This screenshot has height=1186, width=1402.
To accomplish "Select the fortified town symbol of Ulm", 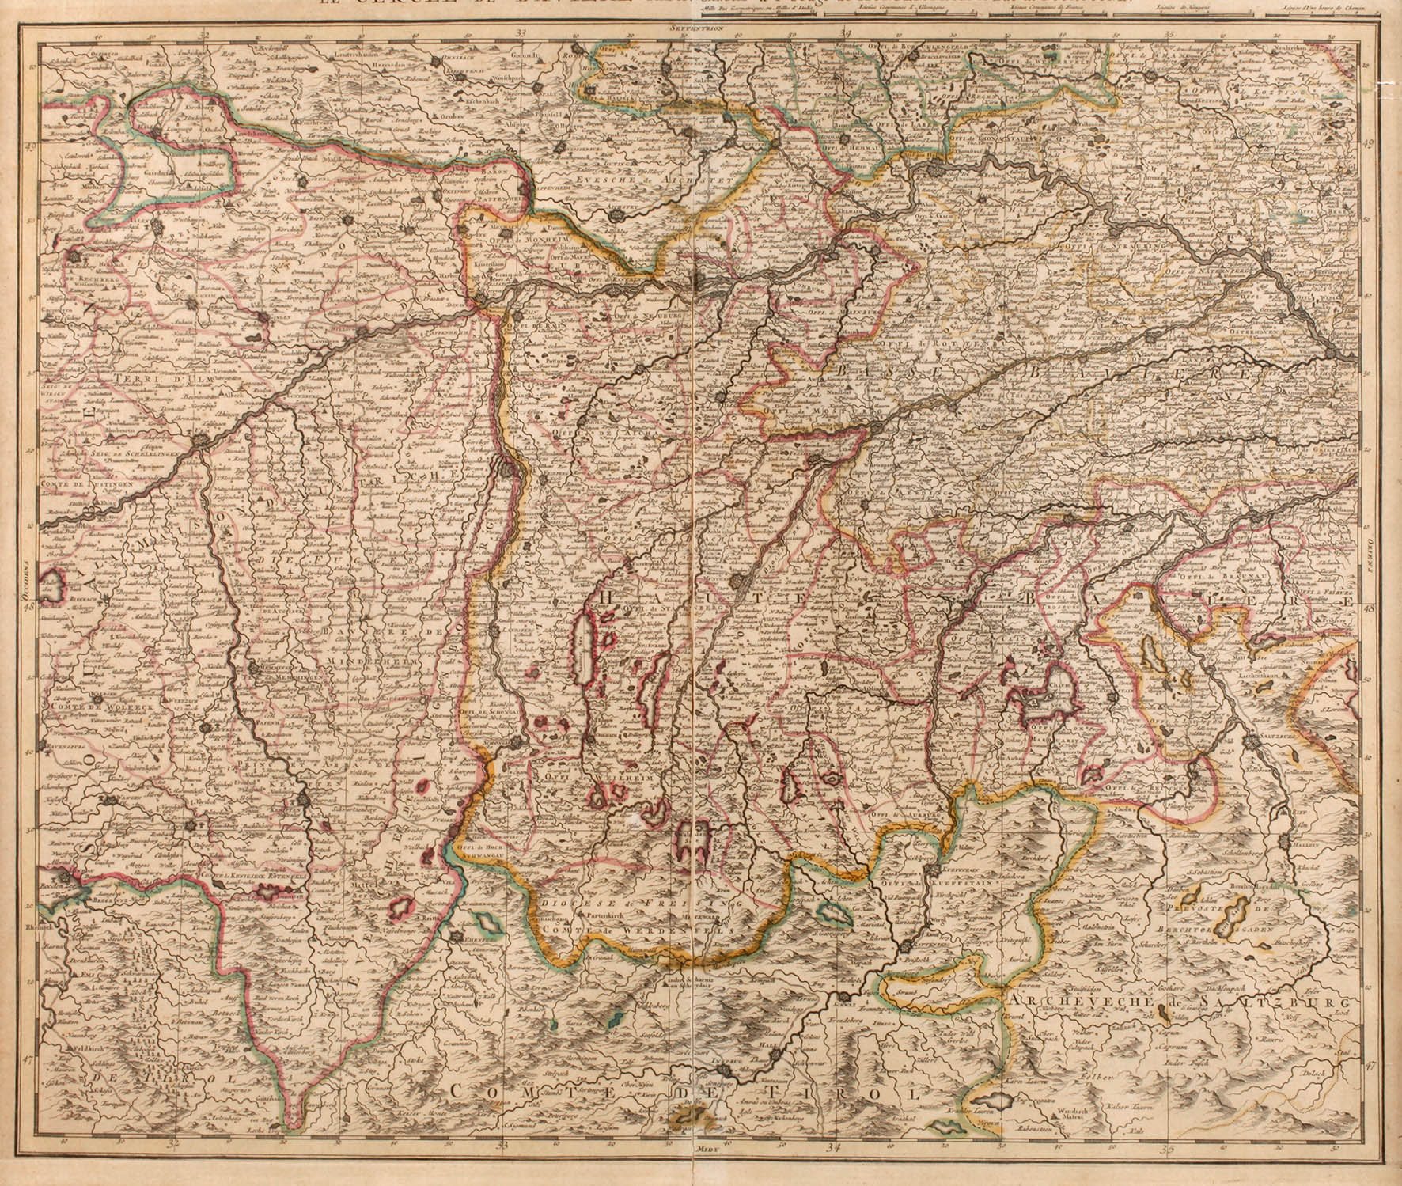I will [x=206, y=441].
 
